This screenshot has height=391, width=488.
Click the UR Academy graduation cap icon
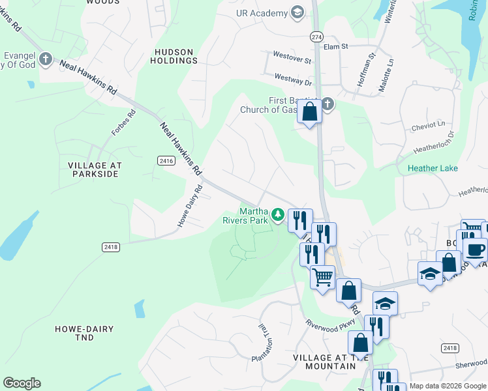click(x=297, y=13)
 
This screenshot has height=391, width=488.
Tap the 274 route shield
click(x=316, y=38)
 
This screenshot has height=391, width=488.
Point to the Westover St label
click(x=292, y=59)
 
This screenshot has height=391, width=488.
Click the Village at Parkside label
click(x=93, y=170)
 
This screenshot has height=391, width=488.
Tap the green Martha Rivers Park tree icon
click(x=278, y=214)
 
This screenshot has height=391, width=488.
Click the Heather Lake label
click(x=433, y=168)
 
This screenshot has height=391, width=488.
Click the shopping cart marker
click(x=322, y=277)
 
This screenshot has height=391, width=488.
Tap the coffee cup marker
click(x=474, y=249)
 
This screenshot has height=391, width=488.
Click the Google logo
click(x=22, y=383)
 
